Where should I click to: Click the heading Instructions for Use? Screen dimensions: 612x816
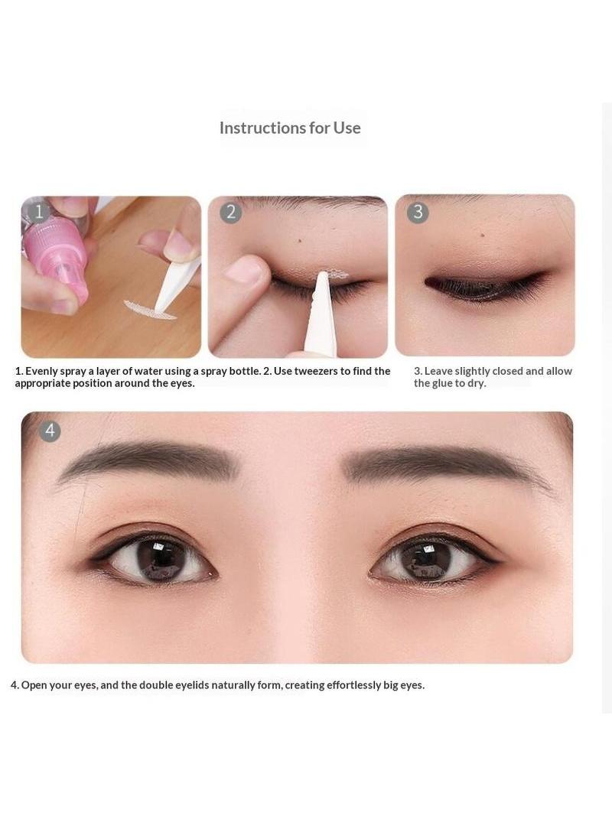tap(290, 128)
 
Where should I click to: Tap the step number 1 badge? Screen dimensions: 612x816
tap(39, 212)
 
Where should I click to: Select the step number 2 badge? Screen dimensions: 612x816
tap(230, 213)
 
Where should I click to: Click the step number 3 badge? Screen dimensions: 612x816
tap(418, 213)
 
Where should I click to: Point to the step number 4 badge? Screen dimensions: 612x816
tap(50, 431)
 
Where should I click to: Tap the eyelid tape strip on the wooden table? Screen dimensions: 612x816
tap(150, 310)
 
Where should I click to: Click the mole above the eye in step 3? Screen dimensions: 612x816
tap(483, 235)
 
